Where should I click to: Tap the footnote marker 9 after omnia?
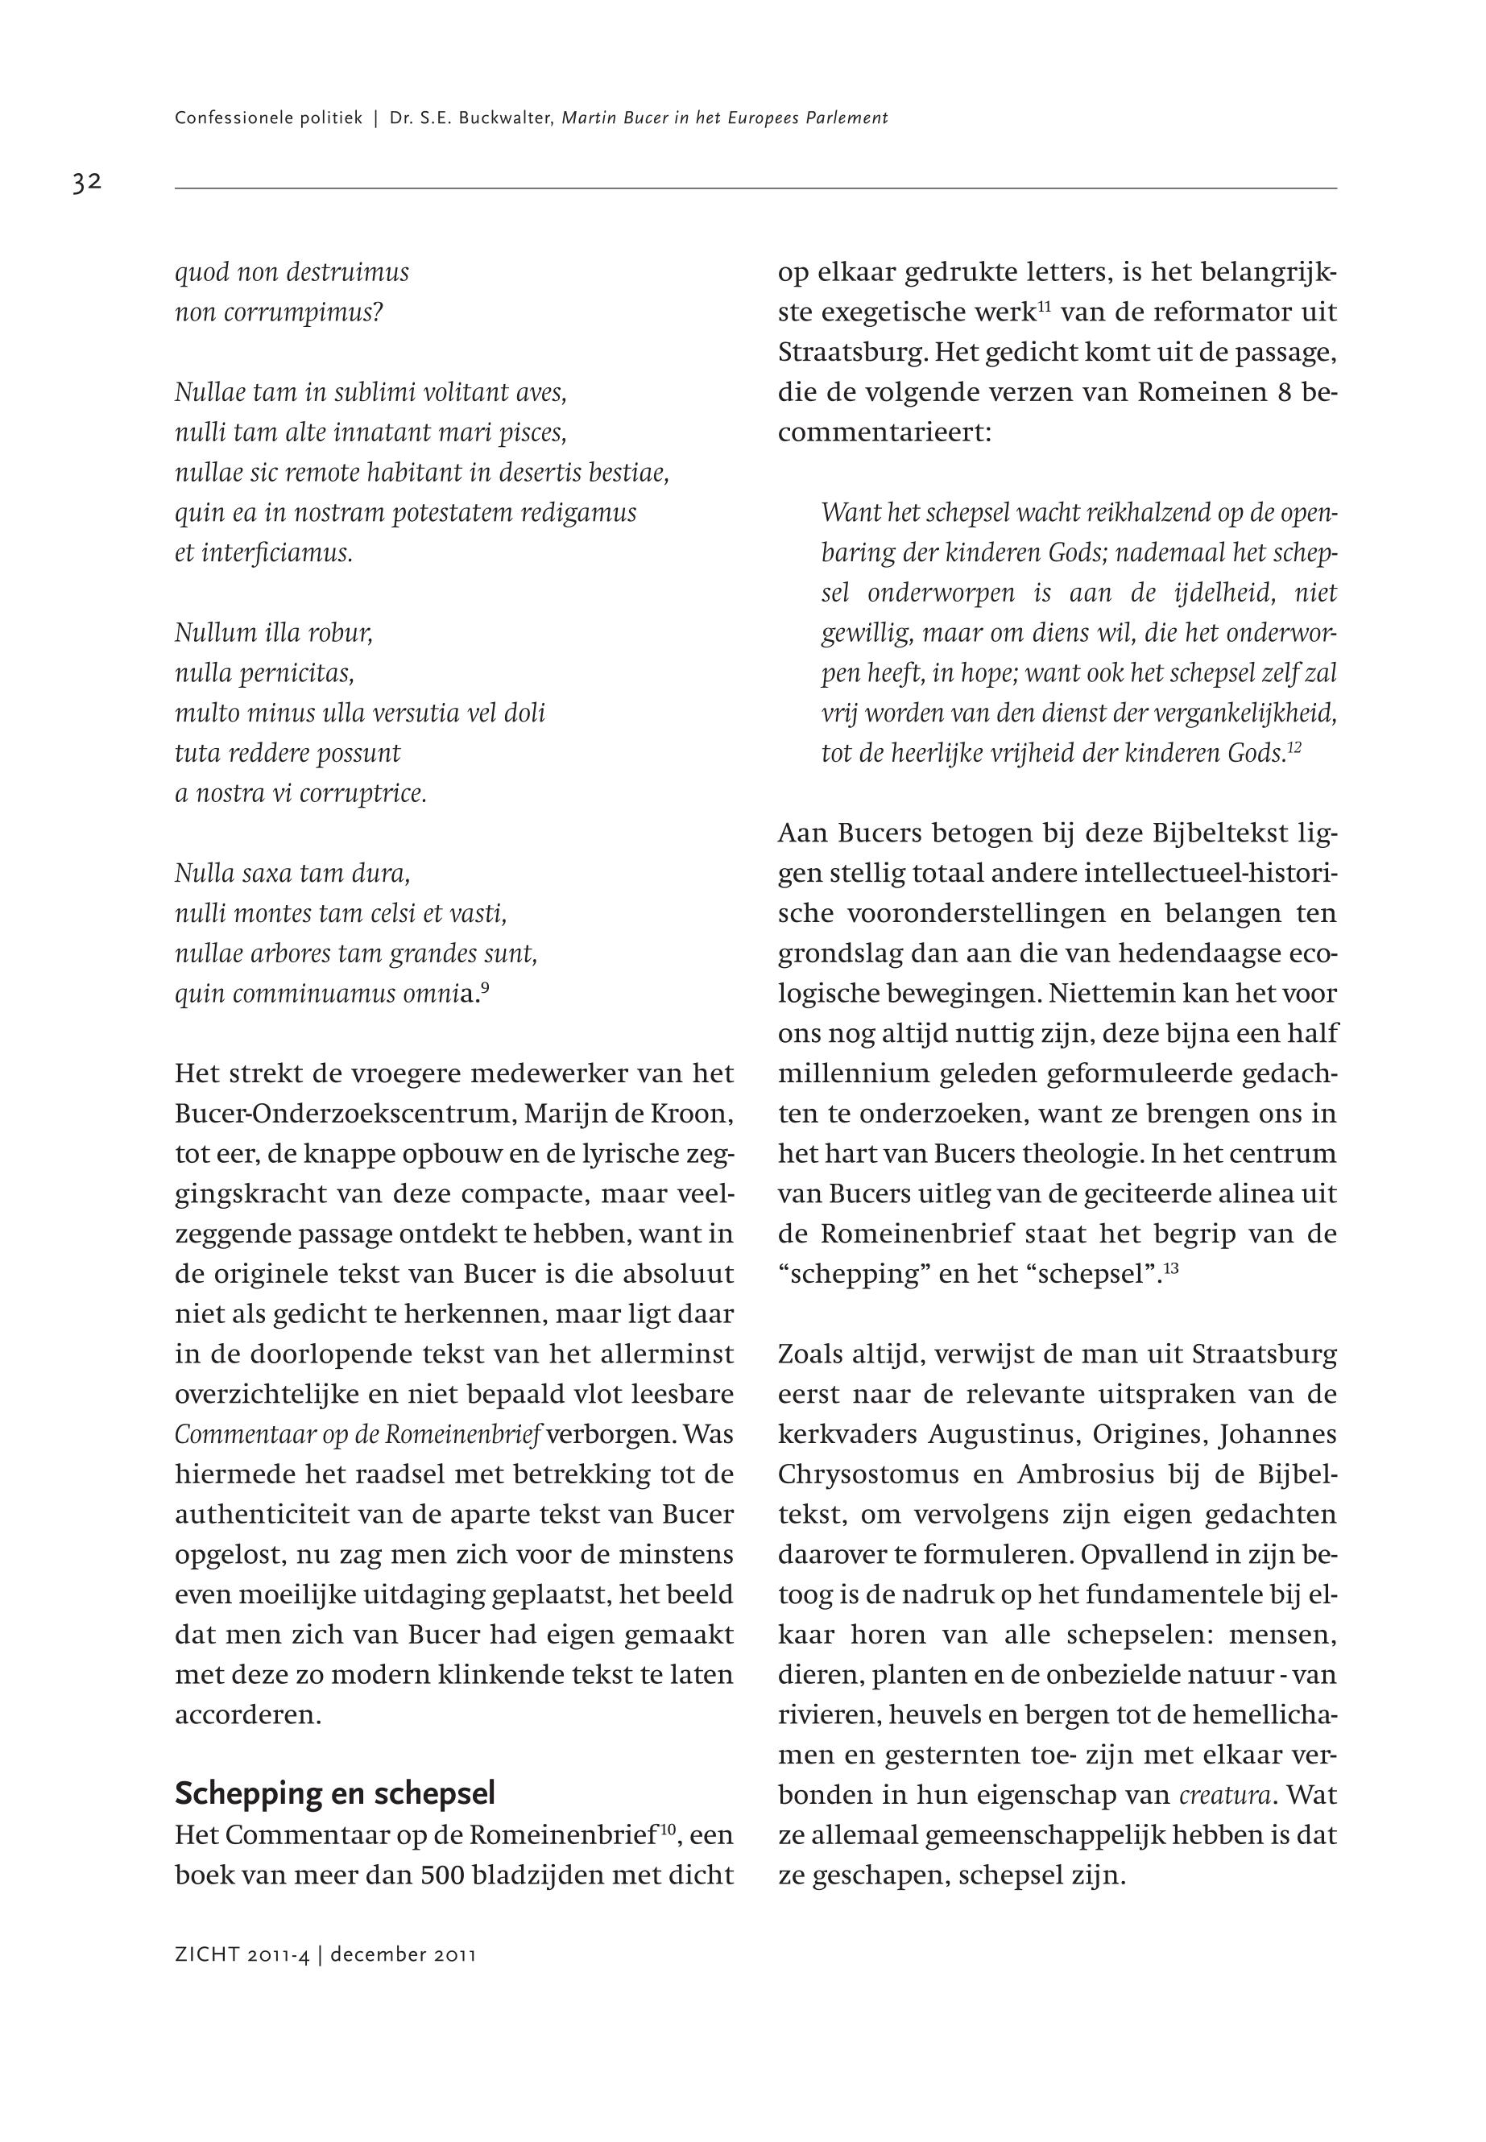(485, 990)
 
